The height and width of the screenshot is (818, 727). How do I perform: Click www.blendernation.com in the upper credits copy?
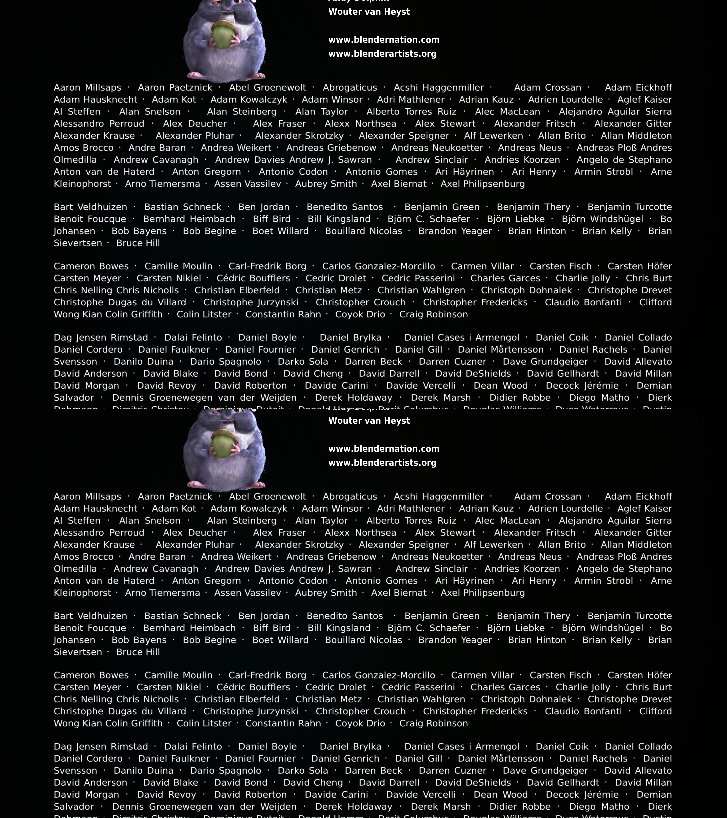point(384,40)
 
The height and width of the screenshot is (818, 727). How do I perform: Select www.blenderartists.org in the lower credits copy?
point(382,463)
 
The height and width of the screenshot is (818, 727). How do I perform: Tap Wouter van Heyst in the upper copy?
point(369,12)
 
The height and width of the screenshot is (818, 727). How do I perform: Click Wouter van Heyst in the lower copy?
point(369,421)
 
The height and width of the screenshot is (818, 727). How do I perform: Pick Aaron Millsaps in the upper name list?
point(87,88)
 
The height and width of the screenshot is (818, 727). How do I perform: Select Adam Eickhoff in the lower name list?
point(638,497)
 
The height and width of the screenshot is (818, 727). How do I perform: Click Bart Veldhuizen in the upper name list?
point(91,207)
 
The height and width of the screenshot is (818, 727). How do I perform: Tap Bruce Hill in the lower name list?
point(138,652)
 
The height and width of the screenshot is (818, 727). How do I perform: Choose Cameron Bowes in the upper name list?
point(91,266)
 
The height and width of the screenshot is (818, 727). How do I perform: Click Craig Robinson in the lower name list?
point(433,723)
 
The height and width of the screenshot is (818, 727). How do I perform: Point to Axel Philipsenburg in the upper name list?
point(483,184)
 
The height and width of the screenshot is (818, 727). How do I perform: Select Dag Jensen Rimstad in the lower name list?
point(101,746)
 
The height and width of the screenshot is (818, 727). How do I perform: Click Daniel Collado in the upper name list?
point(638,337)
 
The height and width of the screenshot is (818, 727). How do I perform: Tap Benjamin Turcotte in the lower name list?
point(629,616)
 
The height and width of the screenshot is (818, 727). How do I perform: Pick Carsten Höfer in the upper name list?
point(639,266)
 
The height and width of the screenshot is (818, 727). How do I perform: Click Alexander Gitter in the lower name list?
point(633,533)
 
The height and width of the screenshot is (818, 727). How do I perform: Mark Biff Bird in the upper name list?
point(272,219)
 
